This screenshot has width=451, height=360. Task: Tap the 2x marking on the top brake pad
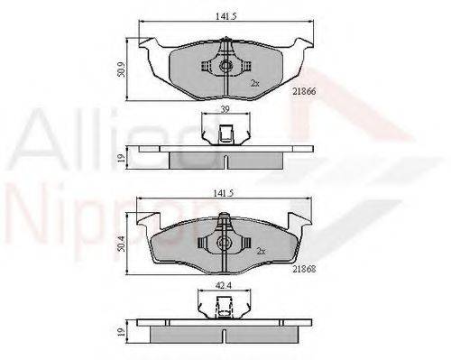point(254,82)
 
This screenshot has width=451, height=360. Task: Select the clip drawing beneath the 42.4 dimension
point(220,311)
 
